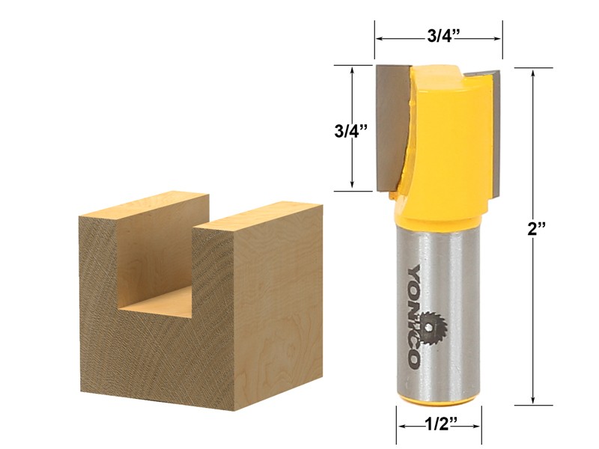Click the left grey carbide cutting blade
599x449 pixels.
[391, 127]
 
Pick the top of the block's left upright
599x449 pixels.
[142, 206]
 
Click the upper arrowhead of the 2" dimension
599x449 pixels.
[532, 72]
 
